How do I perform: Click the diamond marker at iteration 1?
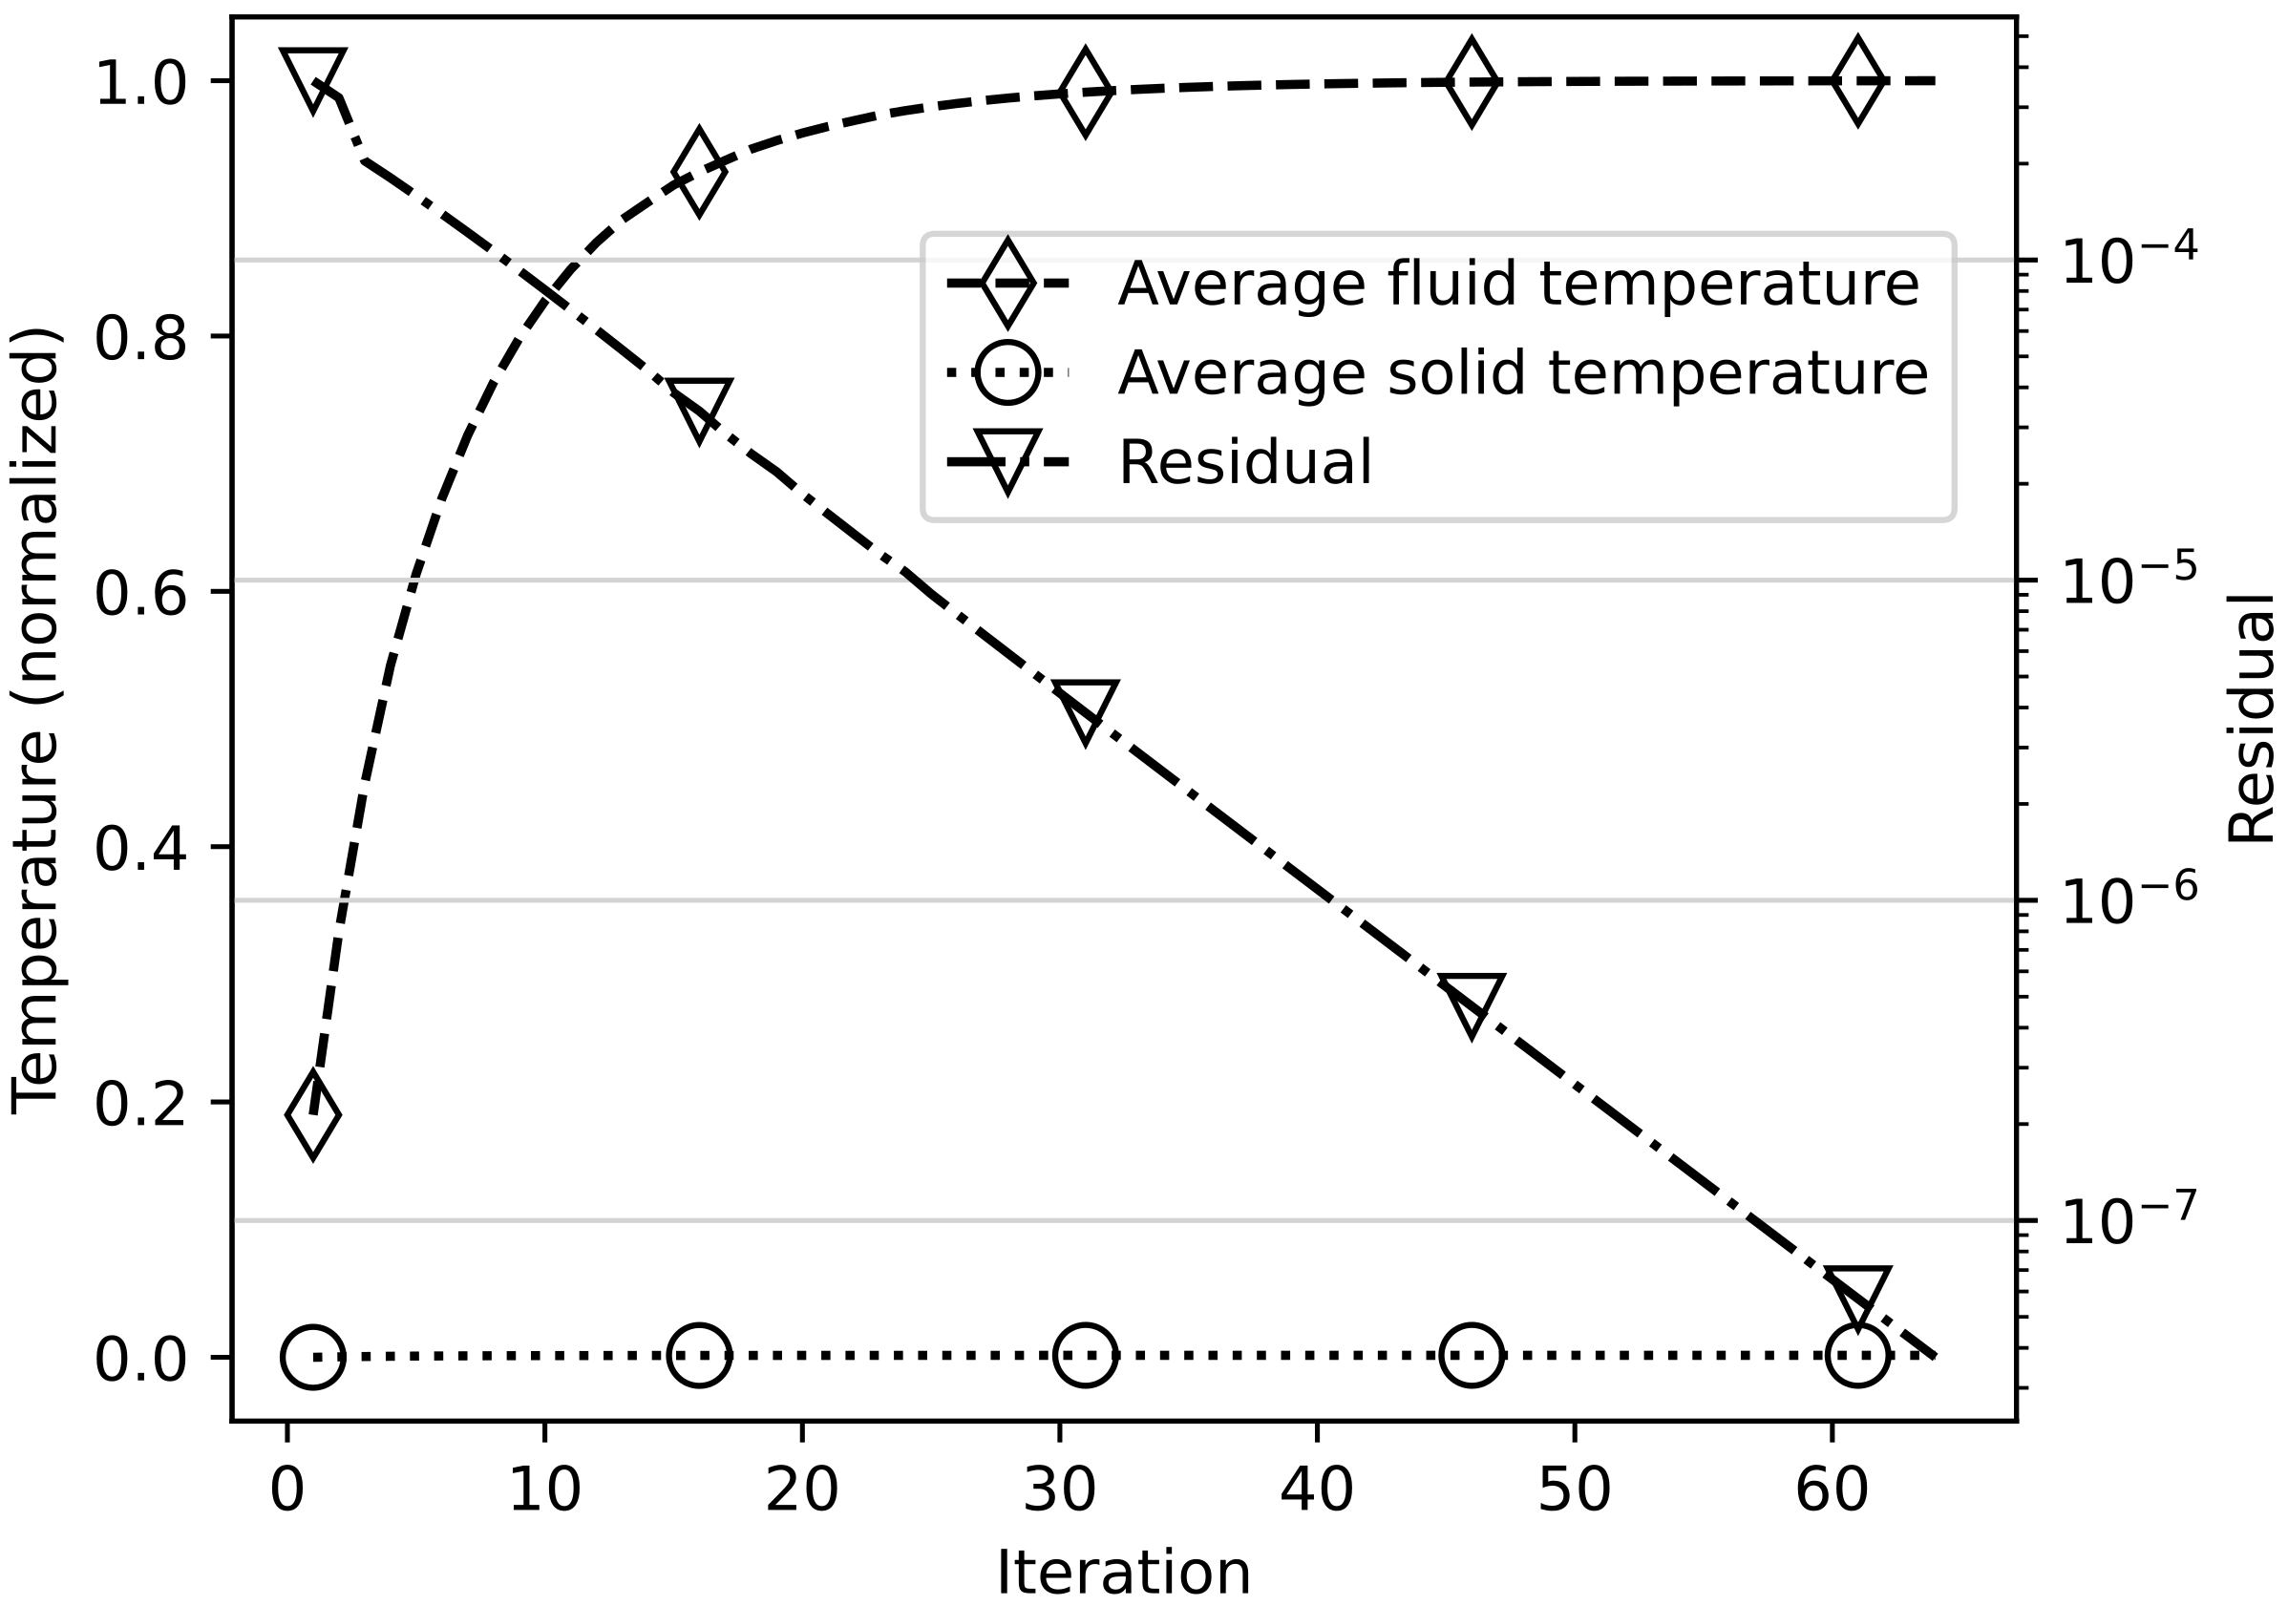(313, 1116)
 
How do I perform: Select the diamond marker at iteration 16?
(699, 171)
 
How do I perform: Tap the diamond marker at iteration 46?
(1471, 83)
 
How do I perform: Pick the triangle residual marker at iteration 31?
(1085, 709)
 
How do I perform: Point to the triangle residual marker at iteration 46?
(1472, 1003)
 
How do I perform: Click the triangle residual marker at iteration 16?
(699, 406)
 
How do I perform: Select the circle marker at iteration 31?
(1085, 1356)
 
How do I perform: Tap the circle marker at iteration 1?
(313, 1356)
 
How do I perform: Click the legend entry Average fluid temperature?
(1517, 284)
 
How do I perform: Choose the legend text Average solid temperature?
(1523, 372)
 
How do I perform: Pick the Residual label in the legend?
(1245, 462)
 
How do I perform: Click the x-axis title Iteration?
(1123, 1573)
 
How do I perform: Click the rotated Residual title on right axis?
(2250, 717)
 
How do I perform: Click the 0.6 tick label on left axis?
(140, 593)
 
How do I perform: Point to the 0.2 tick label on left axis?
(140, 1104)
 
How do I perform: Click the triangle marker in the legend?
(1007, 459)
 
